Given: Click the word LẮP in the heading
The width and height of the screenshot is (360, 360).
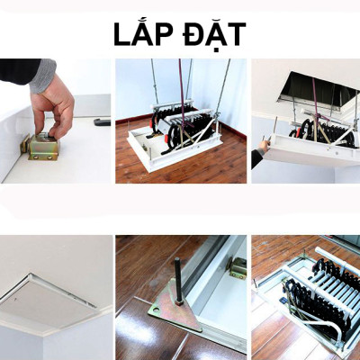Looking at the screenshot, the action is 141,33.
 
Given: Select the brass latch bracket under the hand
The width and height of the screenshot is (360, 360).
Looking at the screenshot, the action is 40,147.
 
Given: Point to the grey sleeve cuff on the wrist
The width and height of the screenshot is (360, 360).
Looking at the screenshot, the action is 43,76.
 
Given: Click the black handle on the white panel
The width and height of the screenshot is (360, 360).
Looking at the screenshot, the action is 102,121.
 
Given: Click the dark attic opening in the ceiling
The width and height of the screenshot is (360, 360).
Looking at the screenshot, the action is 317,88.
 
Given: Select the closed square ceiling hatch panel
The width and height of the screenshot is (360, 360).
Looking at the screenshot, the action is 48,297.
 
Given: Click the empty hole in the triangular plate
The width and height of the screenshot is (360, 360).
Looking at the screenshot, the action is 156,309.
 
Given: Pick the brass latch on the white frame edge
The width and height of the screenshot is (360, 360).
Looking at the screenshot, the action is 237,267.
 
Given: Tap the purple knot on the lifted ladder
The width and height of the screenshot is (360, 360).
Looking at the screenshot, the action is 317,115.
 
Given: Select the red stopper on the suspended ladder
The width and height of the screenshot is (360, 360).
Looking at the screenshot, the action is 166,139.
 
